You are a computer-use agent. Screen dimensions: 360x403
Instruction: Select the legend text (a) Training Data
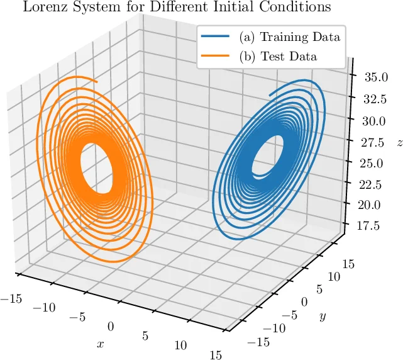[x=289, y=37]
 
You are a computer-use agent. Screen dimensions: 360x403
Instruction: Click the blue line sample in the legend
[x=215, y=37]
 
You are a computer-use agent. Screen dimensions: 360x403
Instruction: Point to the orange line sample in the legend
[x=215, y=56]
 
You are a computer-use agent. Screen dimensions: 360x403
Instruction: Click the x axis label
[x=100, y=344]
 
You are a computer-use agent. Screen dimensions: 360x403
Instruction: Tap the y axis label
[x=322, y=317]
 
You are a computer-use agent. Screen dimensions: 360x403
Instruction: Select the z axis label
[x=398, y=143]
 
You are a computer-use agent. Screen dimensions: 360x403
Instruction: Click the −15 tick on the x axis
[x=11, y=298]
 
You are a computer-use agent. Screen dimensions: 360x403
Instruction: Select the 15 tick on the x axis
[x=215, y=355]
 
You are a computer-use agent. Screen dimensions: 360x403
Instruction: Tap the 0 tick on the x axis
[x=111, y=326]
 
